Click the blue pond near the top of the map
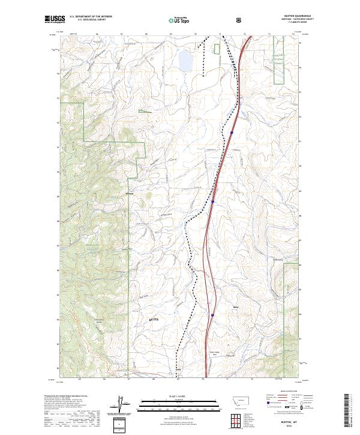click(184, 60)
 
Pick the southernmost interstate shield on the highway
click(212, 313)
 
